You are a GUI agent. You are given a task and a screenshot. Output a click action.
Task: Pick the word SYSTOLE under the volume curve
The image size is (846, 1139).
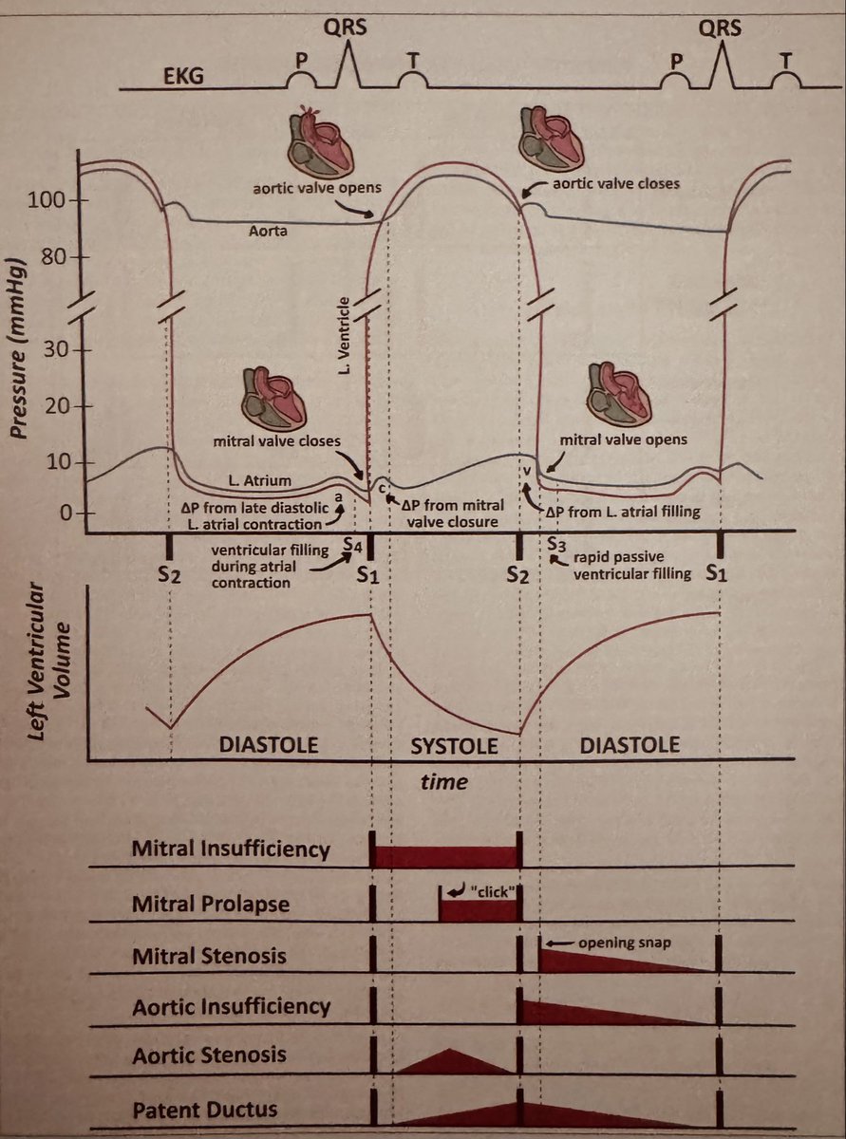(454, 746)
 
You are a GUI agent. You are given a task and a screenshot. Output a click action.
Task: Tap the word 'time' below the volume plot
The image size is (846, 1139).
(444, 782)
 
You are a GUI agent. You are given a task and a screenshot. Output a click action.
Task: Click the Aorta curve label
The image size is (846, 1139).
(269, 230)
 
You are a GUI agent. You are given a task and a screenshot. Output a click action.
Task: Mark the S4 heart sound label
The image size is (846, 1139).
(353, 544)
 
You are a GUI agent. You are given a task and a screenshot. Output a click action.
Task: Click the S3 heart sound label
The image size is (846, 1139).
(557, 544)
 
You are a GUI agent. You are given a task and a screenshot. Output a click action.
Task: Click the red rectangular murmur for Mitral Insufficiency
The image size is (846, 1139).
(445, 855)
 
